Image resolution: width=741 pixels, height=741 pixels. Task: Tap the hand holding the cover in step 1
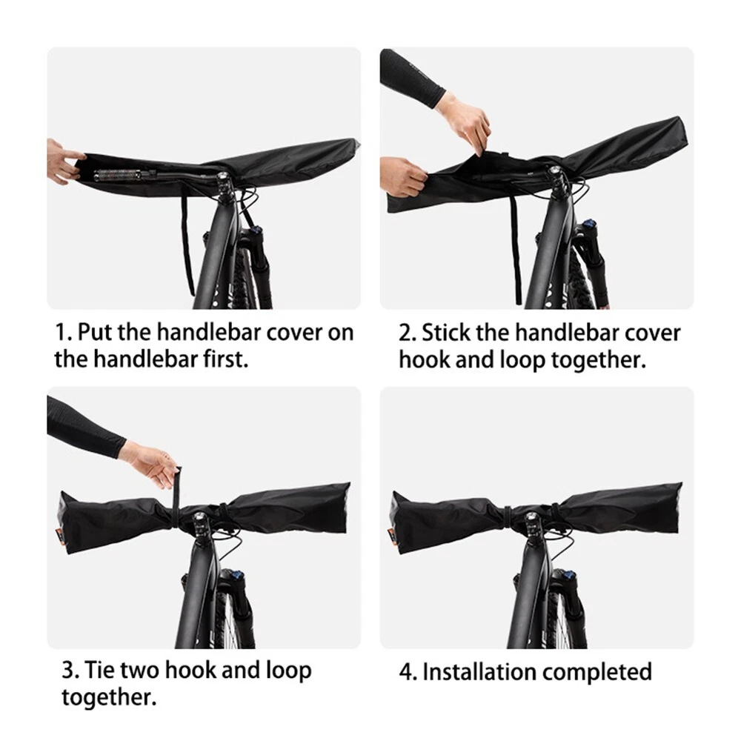click(x=64, y=161)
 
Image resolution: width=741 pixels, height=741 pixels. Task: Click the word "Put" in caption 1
click(x=96, y=332)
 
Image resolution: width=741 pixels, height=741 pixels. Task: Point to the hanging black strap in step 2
click(x=516, y=250)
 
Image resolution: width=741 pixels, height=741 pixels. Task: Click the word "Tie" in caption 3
click(x=99, y=670)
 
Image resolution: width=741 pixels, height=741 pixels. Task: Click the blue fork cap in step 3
click(x=238, y=576)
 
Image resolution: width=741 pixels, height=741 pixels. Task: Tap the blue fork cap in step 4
click(x=569, y=576)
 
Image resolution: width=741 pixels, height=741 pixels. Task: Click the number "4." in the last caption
click(x=408, y=672)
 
